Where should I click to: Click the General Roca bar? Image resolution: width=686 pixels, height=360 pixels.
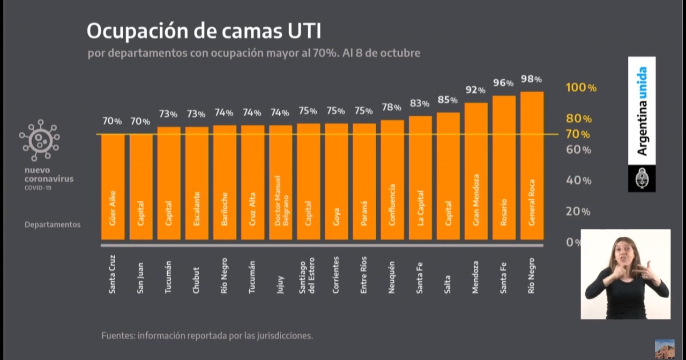coord(532,166)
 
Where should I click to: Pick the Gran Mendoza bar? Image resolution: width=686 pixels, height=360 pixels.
coord(476,171)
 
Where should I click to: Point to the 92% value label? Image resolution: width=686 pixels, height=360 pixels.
coord(475,90)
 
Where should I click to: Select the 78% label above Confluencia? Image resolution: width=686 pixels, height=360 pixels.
coord(392,107)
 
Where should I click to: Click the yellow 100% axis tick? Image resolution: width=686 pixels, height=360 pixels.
coord(581,88)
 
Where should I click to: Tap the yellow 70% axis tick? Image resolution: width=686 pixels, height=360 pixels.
coord(578,134)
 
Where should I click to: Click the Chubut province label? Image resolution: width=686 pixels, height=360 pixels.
coord(196,280)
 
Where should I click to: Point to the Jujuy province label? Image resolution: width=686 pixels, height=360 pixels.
coord(280,283)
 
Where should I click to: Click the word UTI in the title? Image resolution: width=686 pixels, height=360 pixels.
coord(301,32)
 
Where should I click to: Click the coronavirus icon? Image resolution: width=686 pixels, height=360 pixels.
coord(40,140)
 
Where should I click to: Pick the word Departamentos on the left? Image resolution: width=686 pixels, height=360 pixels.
coord(53,224)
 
